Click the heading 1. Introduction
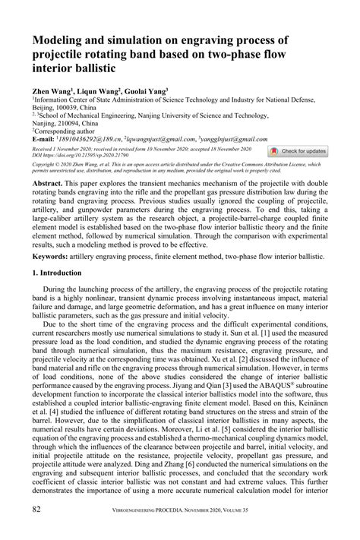coord(65,272)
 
